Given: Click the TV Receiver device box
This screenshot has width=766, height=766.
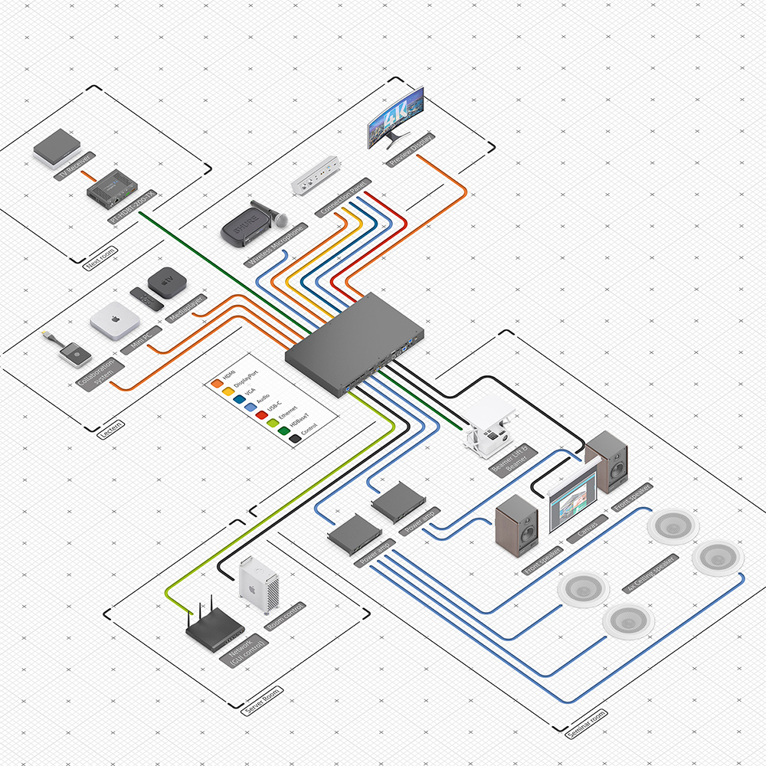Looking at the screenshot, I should (56, 148).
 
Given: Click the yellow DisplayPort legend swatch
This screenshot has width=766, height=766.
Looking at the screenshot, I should (228, 388).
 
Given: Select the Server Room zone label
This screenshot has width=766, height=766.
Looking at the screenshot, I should (263, 701).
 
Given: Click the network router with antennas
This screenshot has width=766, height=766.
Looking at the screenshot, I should (214, 624).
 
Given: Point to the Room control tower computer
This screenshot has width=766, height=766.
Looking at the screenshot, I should (257, 586).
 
